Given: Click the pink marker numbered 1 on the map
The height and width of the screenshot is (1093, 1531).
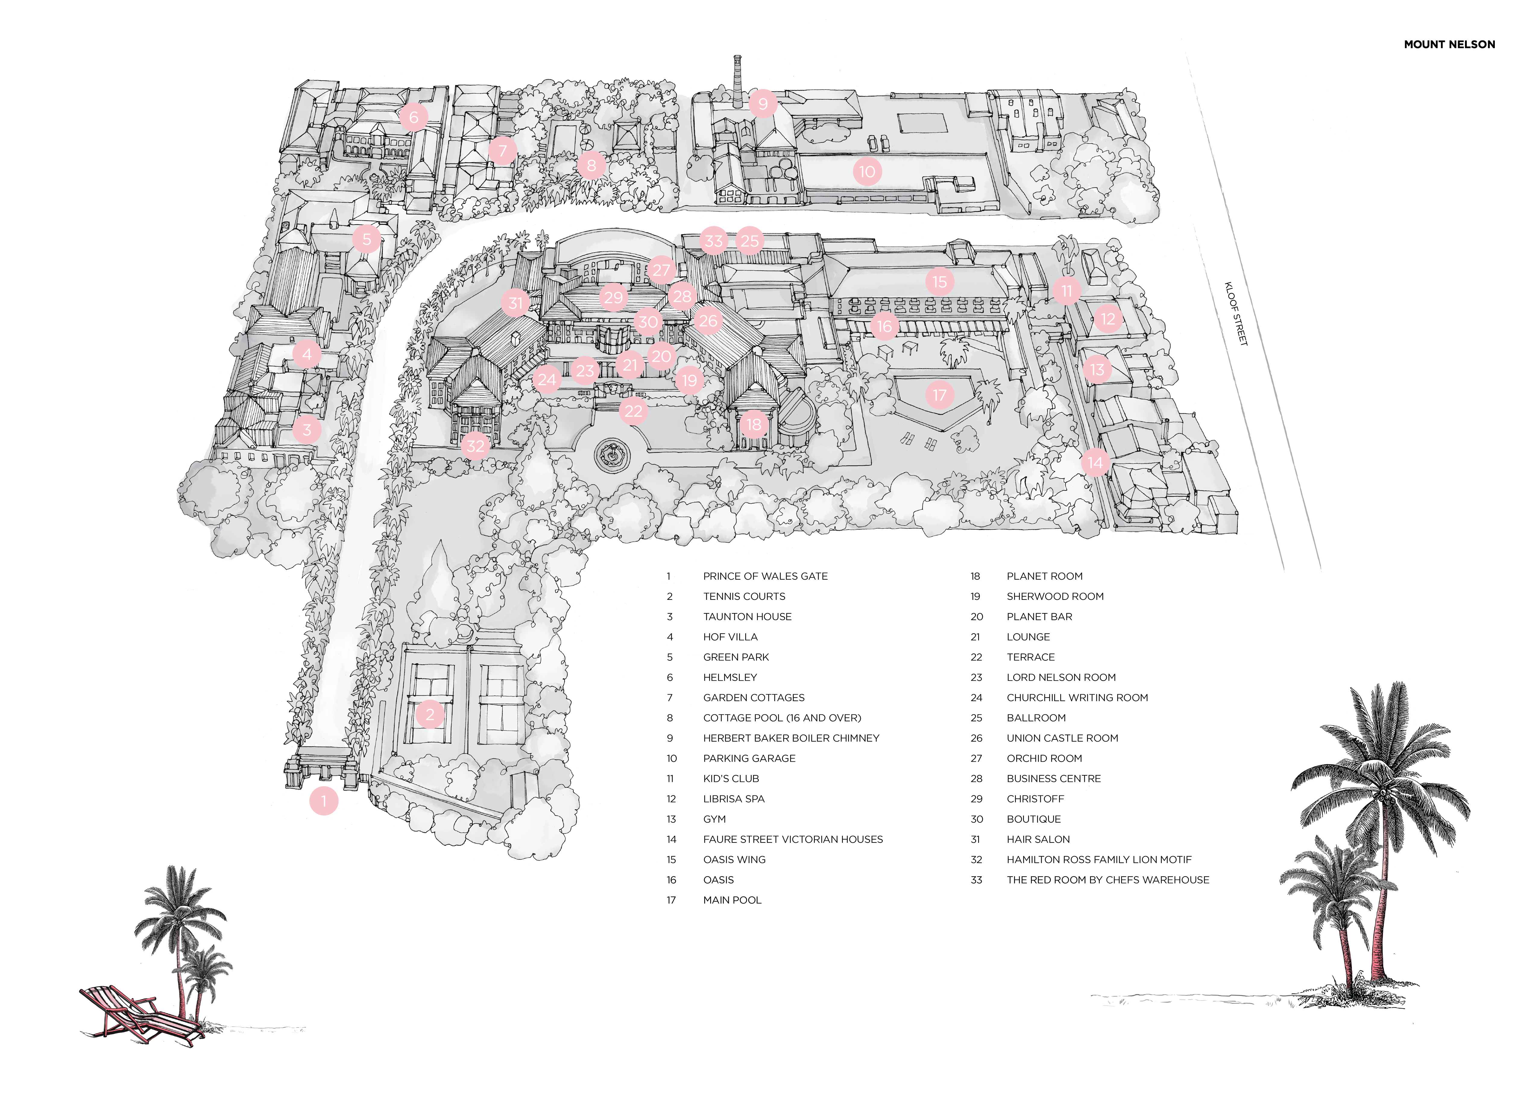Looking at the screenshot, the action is tap(324, 801).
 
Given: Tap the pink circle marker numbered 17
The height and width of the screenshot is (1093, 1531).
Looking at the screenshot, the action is tap(940, 395).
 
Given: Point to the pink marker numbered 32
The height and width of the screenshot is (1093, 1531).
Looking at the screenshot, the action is tap(475, 446).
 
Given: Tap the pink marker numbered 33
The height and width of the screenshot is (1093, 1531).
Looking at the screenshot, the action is tap(714, 241).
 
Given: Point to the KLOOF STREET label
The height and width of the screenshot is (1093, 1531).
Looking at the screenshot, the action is tap(1236, 314).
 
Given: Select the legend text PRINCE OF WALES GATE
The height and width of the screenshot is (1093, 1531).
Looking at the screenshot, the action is tap(765, 576).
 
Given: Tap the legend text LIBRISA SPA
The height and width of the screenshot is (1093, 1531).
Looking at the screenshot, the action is tap(733, 799).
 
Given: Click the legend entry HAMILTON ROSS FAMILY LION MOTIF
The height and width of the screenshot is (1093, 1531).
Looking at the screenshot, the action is tap(1099, 859).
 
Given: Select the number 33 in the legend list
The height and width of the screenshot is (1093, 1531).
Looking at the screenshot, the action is tap(976, 880).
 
